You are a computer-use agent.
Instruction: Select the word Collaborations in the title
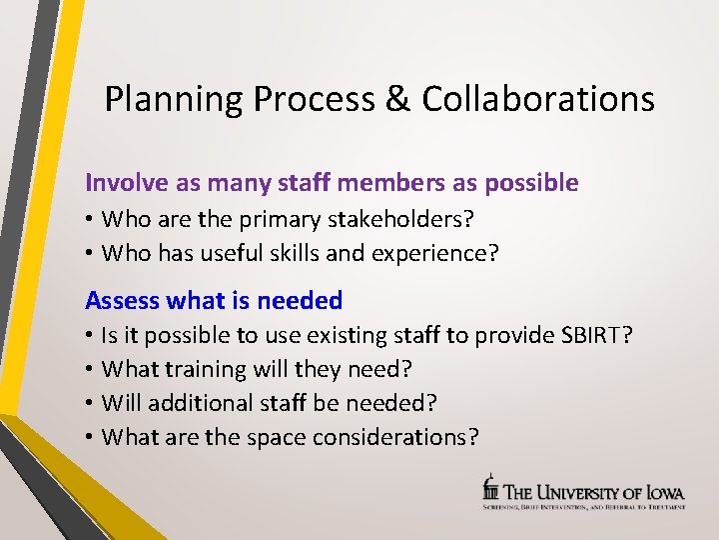538,99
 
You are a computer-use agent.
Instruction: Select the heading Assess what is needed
214,300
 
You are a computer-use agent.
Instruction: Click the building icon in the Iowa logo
489,489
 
